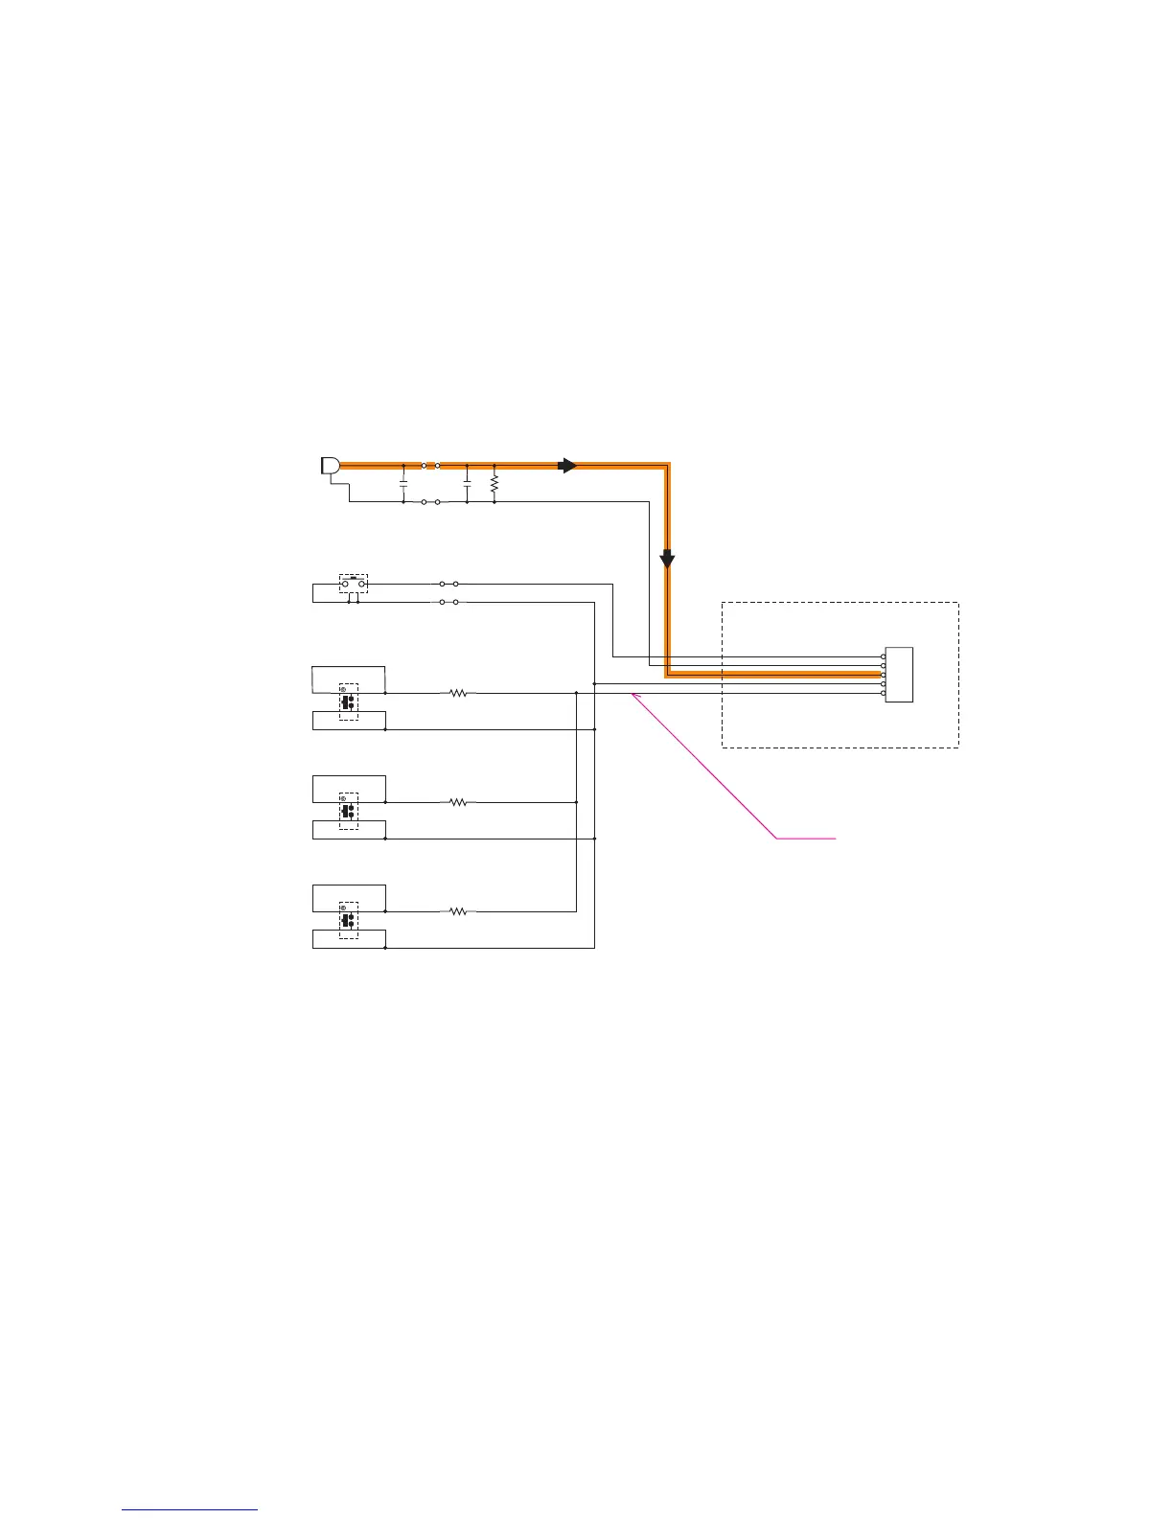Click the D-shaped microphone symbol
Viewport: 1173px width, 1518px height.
point(329,466)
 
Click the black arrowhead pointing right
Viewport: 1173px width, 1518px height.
point(568,466)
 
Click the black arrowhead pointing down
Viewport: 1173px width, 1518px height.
point(667,559)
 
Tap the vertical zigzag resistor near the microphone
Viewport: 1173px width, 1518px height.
point(494,484)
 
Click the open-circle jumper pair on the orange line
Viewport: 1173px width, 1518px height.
point(430,466)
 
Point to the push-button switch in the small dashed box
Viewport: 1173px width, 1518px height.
point(354,584)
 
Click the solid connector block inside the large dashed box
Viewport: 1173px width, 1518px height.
point(899,675)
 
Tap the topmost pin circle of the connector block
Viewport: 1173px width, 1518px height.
point(883,657)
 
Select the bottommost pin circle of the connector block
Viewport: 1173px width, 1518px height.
point(883,693)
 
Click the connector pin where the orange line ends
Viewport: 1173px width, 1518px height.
point(883,675)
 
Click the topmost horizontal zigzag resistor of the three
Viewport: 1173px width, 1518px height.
point(459,693)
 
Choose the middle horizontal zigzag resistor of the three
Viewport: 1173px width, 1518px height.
point(459,802)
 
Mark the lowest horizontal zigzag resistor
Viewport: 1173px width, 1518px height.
point(459,911)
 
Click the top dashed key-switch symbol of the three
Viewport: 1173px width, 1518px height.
point(349,701)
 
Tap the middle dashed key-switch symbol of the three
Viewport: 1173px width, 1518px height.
point(349,811)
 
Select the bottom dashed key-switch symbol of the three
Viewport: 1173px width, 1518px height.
point(349,920)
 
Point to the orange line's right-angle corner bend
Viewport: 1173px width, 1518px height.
point(667,466)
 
